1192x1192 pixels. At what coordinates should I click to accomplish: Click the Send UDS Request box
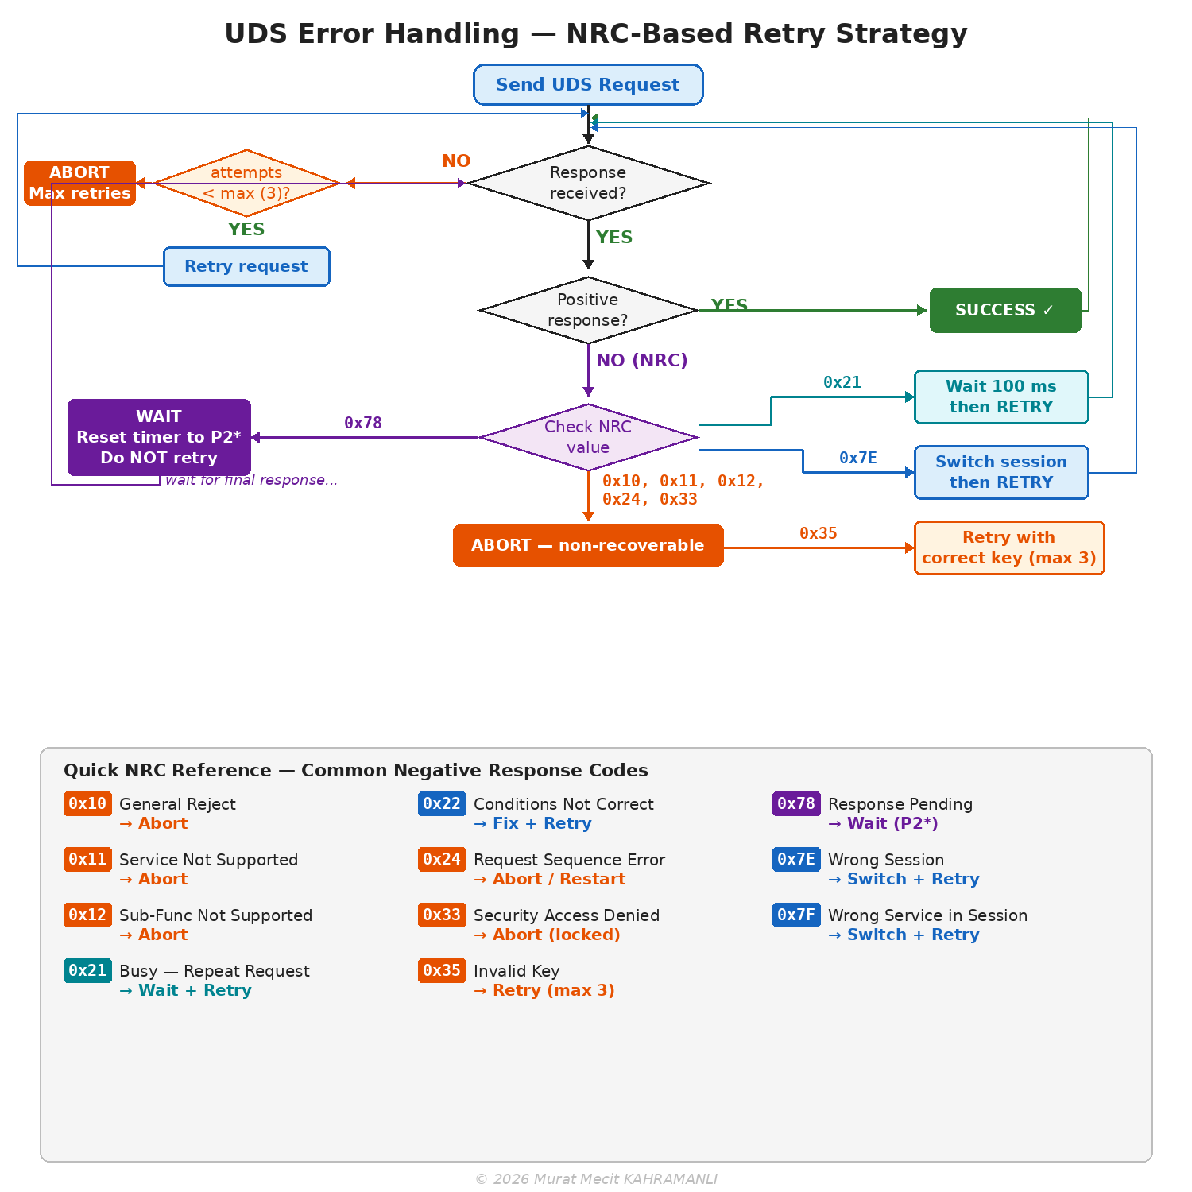click(x=588, y=85)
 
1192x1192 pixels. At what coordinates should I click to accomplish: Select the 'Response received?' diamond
click(x=588, y=184)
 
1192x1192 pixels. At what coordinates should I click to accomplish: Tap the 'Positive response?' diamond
click(x=588, y=311)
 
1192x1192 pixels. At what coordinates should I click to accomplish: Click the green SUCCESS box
click(x=1005, y=311)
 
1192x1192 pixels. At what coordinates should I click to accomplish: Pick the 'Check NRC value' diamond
click(x=588, y=437)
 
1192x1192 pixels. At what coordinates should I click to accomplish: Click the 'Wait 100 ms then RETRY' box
click(x=1001, y=397)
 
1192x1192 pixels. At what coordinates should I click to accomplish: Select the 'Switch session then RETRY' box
click(x=1001, y=472)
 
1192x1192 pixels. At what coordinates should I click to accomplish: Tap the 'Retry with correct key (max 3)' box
click(x=1009, y=548)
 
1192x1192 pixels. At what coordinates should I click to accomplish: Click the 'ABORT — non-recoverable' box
click(x=588, y=546)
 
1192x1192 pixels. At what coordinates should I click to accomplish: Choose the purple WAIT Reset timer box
click(x=159, y=437)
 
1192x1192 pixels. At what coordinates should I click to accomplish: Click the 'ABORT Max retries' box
click(x=79, y=183)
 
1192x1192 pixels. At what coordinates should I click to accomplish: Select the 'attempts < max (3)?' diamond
click(x=246, y=184)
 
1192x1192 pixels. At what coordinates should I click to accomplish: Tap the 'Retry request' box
click(x=246, y=267)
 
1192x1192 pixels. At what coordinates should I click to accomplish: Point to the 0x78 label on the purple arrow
click(x=363, y=423)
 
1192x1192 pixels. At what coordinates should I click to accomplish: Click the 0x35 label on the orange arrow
click(x=819, y=533)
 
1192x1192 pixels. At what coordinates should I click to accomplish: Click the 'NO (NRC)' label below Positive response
click(x=642, y=361)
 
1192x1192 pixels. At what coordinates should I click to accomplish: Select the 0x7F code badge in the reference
click(x=796, y=915)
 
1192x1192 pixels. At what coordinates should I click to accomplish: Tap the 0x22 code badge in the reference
click(x=442, y=804)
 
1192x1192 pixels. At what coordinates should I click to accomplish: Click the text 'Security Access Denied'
click(x=567, y=915)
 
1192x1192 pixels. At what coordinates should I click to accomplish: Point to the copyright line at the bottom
click(x=596, y=1179)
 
